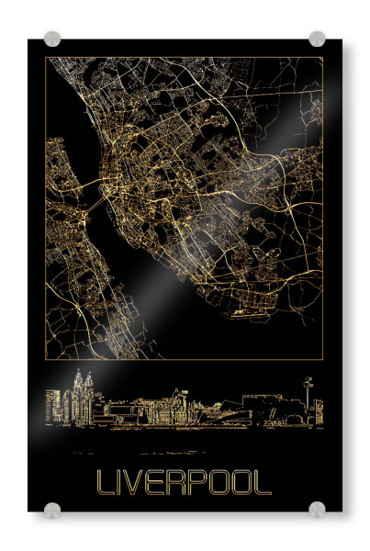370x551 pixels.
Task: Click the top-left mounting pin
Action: [x=52, y=39]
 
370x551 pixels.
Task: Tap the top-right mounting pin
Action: [x=317, y=39]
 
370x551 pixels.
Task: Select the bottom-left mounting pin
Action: [x=52, y=510]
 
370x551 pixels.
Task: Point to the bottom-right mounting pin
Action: [x=317, y=510]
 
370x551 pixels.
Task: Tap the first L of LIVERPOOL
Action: [x=104, y=483]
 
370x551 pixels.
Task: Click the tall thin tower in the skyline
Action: [x=308, y=395]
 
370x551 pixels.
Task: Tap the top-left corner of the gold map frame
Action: [x=46, y=57]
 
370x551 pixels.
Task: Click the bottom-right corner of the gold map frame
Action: [x=322, y=359]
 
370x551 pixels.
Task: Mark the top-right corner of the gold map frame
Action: [x=322, y=57]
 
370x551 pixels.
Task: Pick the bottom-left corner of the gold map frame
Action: [x=46, y=359]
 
